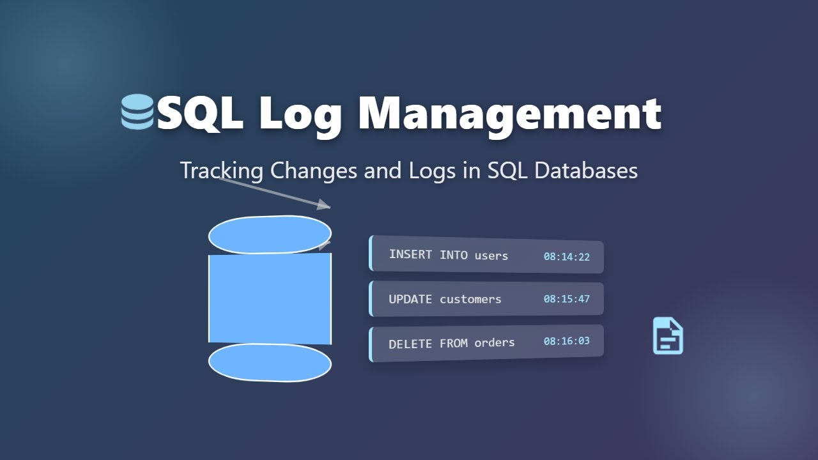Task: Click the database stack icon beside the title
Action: click(x=137, y=112)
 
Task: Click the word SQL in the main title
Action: click(x=199, y=114)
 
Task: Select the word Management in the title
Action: click(x=509, y=114)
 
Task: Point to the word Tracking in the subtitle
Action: click(x=222, y=171)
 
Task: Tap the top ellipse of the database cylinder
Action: click(x=270, y=234)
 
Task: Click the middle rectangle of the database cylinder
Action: click(x=270, y=298)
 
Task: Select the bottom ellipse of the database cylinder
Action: click(x=270, y=362)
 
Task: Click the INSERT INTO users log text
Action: click(x=448, y=255)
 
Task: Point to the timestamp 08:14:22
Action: click(x=566, y=257)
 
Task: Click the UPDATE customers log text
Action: click(x=445, y=299)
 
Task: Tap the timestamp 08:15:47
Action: click(x=566, y=298)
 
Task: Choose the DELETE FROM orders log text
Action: click(x=451, y=343)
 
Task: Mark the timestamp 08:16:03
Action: click(x=566, y=341)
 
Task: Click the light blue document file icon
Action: click(x=668, y=335)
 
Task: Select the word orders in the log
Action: click(x=494, y=342)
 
